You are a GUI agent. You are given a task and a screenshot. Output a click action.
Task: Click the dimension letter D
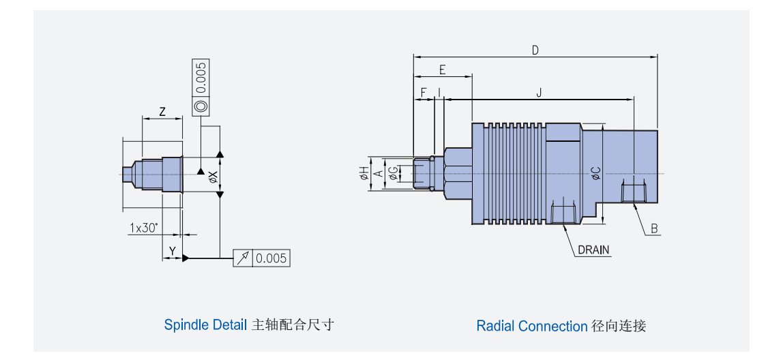(535, 50)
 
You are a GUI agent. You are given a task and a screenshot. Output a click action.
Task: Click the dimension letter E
(442, 70)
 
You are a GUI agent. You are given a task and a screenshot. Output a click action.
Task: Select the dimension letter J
(539, 92)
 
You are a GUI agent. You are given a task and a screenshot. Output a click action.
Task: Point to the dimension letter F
(423, 92)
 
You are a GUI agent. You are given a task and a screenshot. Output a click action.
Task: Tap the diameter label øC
(595, 173)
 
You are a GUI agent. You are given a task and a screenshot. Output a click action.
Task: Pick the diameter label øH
(364, 173)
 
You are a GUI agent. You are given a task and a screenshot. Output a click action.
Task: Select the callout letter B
(653, 229)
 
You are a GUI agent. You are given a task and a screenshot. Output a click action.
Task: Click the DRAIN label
(593, 250)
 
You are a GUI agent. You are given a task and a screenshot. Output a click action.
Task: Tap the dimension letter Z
(162, 112)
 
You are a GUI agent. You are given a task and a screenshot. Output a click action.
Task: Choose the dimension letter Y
(173, 252)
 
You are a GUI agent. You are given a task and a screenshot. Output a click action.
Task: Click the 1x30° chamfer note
(143, 228)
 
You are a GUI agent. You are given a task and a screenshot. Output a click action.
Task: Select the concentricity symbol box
(201, 106)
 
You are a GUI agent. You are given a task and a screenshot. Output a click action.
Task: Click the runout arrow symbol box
(244, 258)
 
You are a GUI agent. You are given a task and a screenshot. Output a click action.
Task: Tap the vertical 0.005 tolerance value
(201, 78)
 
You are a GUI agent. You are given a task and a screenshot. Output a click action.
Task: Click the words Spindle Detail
(205, 325)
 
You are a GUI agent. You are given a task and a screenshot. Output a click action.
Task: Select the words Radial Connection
(531, 326)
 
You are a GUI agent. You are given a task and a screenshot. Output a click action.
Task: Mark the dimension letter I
(439, 92)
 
